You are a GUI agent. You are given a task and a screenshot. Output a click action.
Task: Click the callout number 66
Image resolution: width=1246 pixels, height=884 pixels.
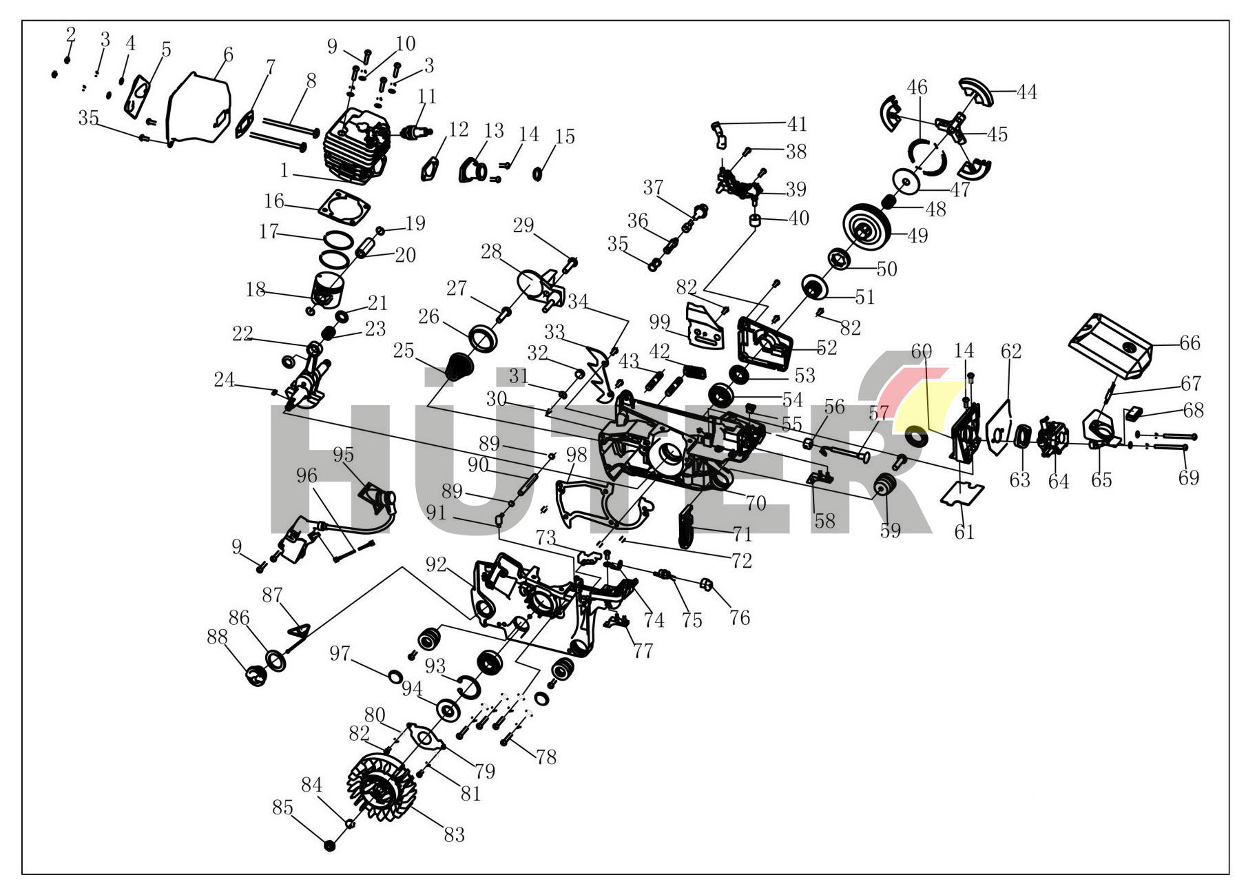(1190, 343)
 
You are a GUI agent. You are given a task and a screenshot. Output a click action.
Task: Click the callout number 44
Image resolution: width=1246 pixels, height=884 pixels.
(1026, 92)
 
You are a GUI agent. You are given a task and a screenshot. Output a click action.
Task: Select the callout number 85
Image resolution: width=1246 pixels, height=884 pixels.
(283, 808)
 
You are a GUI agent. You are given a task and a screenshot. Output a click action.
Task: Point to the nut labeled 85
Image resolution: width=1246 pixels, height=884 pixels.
(329, 845)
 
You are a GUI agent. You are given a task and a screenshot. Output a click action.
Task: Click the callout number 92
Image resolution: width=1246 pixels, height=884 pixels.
(436, 566)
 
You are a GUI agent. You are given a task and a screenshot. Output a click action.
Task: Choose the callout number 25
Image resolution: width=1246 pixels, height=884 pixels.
(404, 351)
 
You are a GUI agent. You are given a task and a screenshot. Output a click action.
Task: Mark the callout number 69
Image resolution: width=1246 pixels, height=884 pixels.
(1188, 477)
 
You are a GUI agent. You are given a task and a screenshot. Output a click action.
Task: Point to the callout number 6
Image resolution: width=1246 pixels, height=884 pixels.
(228, 55)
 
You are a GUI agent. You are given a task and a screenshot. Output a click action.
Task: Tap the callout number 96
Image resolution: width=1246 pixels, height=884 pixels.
(307, 475)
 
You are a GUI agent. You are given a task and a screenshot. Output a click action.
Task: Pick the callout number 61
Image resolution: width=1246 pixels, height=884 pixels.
(964, 531)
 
